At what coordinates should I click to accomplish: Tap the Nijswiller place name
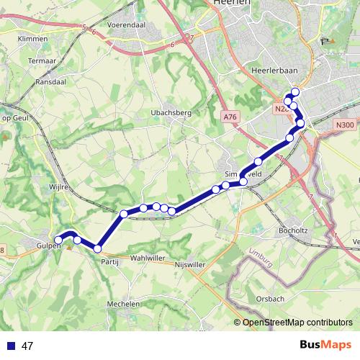tap(191, 265)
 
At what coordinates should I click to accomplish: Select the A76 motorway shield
tap(230, 117)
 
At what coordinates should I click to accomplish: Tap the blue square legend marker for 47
tap(11, 346)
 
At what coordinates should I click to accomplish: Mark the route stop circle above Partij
tap(98, 249)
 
